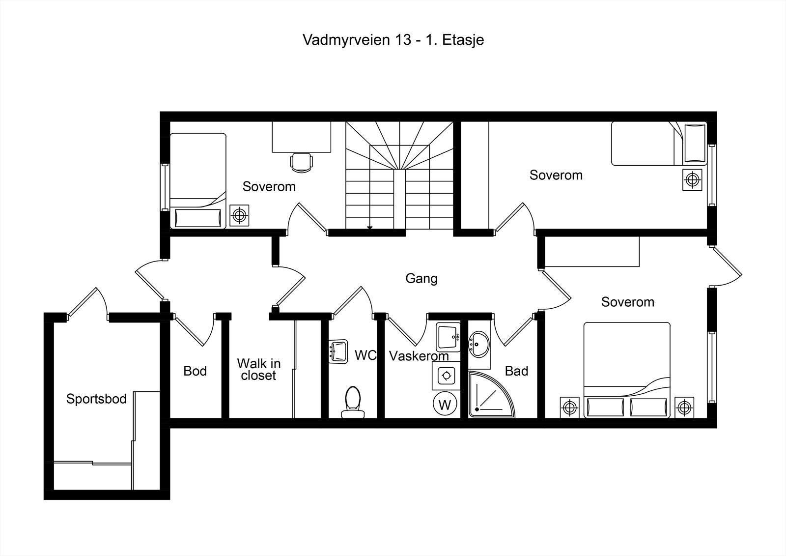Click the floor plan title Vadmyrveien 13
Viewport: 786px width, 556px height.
point(357,40)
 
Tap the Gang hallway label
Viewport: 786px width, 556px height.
point(421,279)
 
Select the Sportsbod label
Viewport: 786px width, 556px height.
point(96,399)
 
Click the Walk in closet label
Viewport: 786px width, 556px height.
point(259,369)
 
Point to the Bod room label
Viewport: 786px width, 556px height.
point(195,371)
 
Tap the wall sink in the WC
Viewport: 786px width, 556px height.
point(338,351)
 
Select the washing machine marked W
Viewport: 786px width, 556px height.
point(445,404)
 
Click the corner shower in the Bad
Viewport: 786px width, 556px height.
point(491,394)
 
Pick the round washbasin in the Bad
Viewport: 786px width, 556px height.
point(478,344)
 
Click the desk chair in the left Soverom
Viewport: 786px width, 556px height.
point(302,163)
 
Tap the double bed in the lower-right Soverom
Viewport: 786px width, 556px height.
point(627,370)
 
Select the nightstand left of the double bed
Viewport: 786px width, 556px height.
point(569,408)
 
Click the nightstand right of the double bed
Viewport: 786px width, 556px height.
point(685,408)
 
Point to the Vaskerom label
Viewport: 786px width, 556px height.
point(419,356)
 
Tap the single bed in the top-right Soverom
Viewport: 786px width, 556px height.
point(659,144)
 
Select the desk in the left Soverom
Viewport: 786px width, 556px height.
point(302,137)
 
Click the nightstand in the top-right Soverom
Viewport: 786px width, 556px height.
point(692,180)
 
